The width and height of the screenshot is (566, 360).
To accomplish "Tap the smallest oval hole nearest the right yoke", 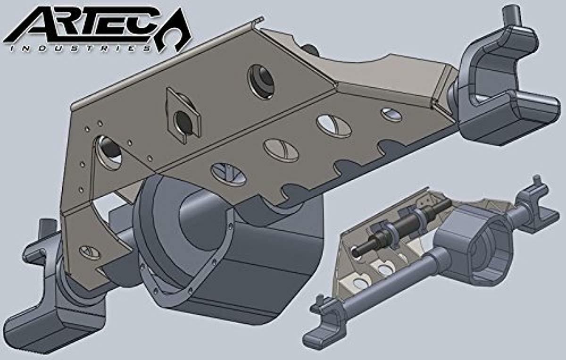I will point(391,114).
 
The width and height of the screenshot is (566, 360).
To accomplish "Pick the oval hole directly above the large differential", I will point(228,173).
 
